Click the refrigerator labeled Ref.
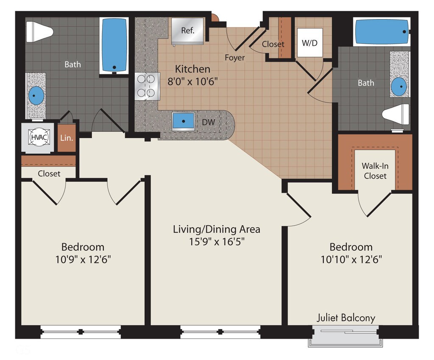(x=188, y=31)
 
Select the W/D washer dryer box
(x=310, y=43)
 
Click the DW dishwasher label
(x=208, y=122)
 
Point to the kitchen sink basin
(x=183, y=121)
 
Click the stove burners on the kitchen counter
(x=147, y=86)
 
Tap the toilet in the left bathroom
(x=39, y=31)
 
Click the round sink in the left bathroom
(x=36, y=95)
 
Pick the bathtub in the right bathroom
(x=381, y=31)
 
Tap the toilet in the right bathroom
(x=396, y=114)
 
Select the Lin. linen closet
(x=67, y=138)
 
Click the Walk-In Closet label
(x=375, y=171)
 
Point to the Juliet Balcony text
(x=346, y=318)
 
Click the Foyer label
(x=235, y=58)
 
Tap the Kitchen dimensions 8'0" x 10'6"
(x=193, y=81)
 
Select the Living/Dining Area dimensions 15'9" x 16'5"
(x=217, y=242)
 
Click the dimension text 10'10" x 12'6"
(x=351, y=260)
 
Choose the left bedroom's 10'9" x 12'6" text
(x=83, y=260)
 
